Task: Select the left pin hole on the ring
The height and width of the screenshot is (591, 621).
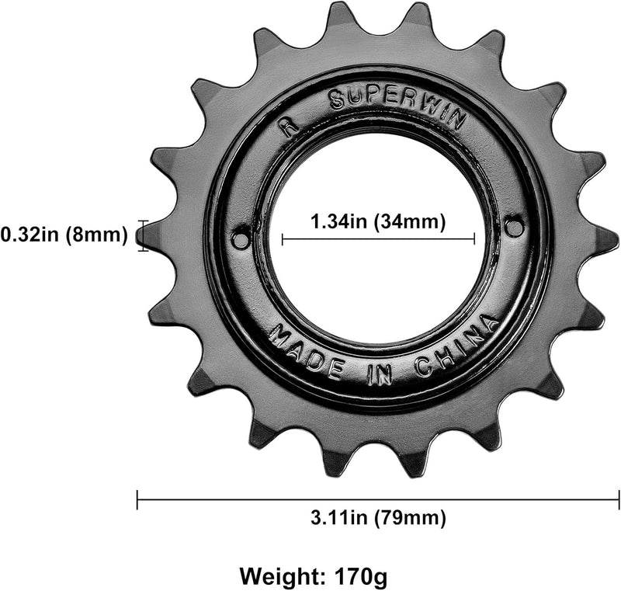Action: pos(241,237)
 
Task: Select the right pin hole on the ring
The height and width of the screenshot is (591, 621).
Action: pos(513,227)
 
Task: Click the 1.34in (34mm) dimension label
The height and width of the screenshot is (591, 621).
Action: pos(378,221)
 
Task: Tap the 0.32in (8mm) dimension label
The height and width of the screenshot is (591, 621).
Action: pos(64,234)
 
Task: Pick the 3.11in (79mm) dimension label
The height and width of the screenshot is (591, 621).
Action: pos(378,516)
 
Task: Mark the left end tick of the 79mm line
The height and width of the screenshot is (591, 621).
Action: pos(137,499)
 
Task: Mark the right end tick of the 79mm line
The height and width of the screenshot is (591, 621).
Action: pos(618,499)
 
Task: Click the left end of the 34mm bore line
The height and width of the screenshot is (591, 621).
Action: pos(283,240)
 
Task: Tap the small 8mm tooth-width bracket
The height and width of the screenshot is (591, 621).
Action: pos(141,235)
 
